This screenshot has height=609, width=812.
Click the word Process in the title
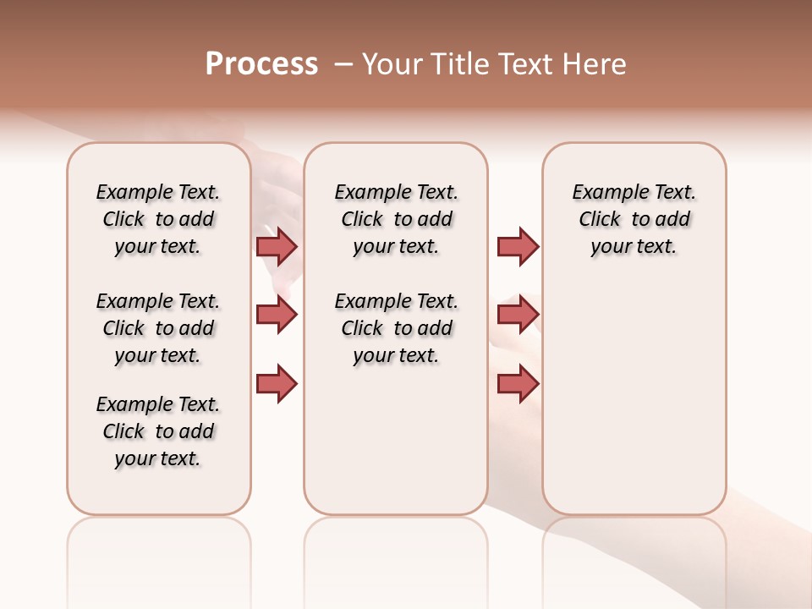point(261,64)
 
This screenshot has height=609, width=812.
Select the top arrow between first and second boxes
point(276,246)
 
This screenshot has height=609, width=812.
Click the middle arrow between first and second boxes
point(276,315)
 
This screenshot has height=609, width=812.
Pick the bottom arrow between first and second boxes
point(276,383)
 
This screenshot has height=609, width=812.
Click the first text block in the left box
point(158,219)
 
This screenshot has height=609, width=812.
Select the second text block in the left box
point(158,328)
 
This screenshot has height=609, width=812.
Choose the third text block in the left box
point(158,431)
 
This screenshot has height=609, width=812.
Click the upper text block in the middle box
point(396,219)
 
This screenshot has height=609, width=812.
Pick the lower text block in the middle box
point(396,328)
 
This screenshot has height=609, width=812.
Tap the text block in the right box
point(634,219)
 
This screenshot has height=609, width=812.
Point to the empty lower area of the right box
point(634,398)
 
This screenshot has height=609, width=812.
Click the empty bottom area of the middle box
point(396,448)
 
